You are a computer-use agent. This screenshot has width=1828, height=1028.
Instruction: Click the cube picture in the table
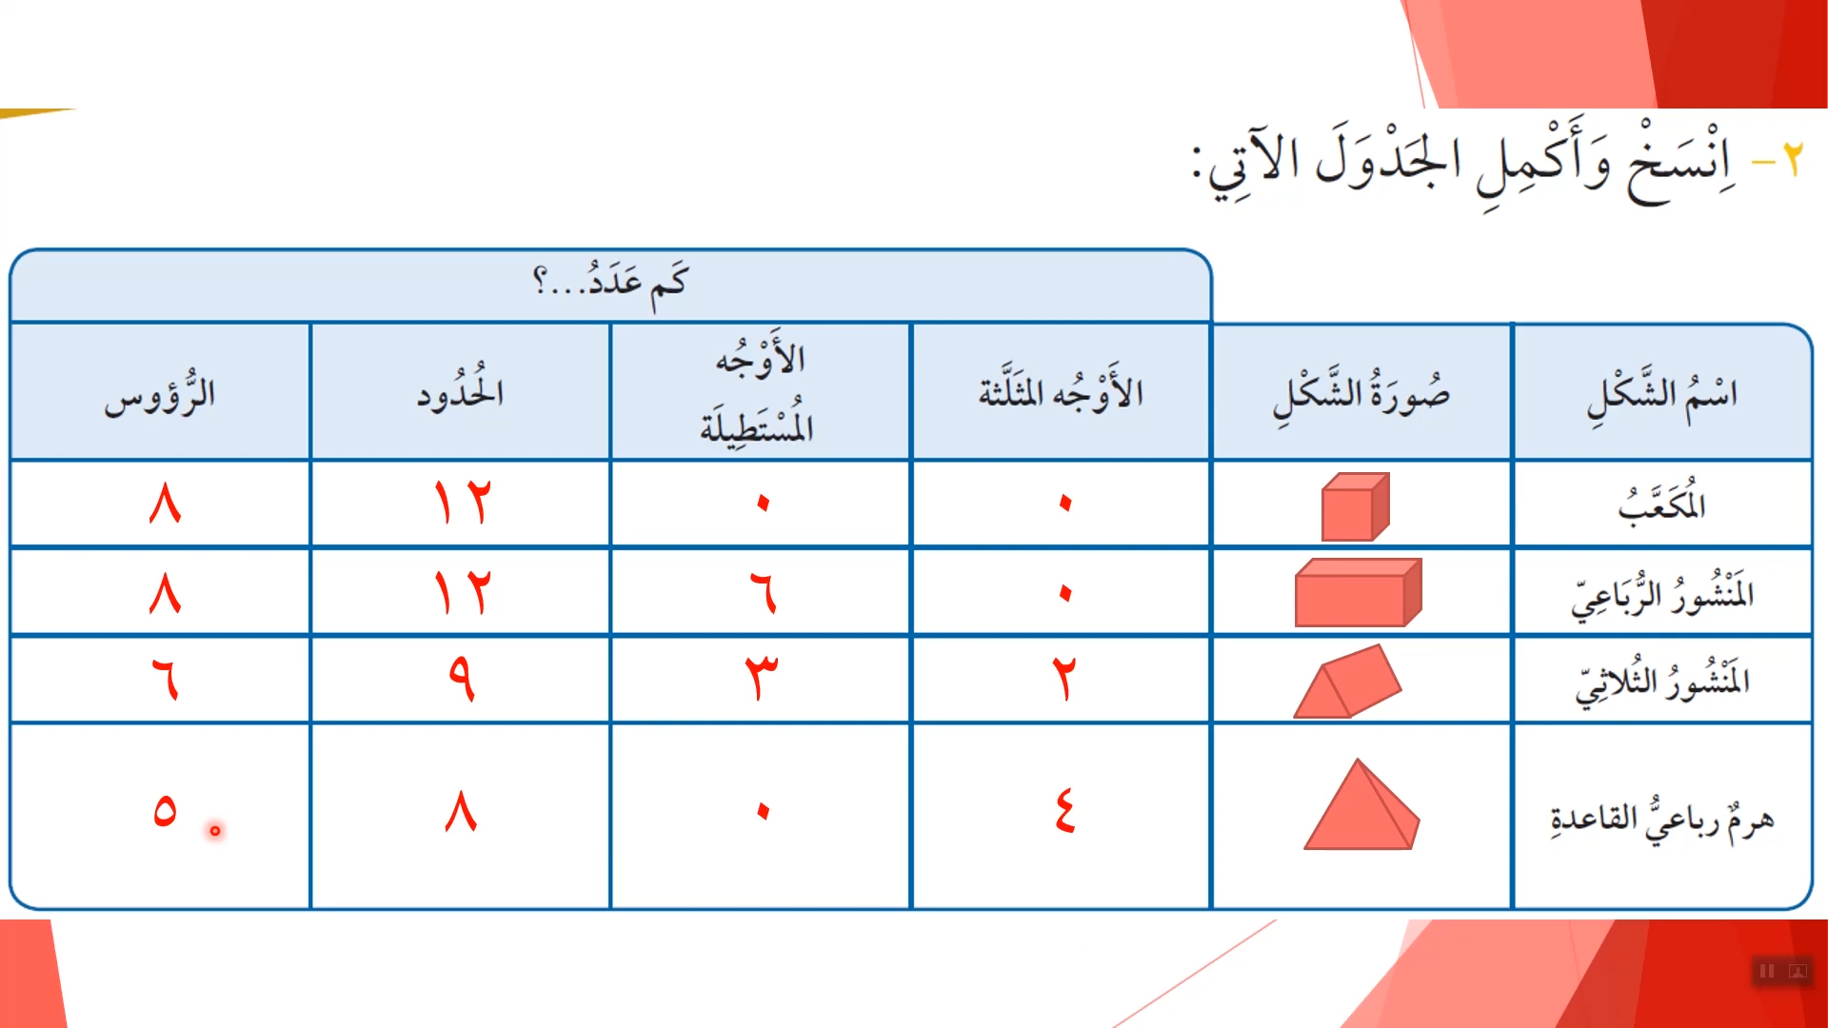click(x=1356, y=506)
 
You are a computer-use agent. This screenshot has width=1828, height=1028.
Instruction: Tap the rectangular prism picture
click(x=1359, y=592)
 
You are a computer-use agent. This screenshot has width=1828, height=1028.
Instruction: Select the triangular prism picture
click(x=1347, y=682)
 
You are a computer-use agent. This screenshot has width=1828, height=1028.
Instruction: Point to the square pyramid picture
click(x=1361, y=804)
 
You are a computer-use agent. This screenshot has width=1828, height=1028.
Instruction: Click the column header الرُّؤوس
click(x=160, y=394)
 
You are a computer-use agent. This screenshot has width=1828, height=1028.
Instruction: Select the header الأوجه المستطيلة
click(x=759, y=392)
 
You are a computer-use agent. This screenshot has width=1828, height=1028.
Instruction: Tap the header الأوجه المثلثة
click(x=1061, y=390)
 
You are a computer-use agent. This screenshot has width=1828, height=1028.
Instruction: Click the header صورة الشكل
click(x=1361, y=394)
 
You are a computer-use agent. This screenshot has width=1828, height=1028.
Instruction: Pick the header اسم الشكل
click(x=1661, y=394)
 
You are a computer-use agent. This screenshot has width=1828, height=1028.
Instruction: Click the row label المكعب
click(x=1661, y=503)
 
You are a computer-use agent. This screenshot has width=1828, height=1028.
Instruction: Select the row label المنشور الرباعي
click(x=1662, y=594)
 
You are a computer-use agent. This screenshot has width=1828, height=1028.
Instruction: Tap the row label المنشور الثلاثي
click(x=1662, y=682)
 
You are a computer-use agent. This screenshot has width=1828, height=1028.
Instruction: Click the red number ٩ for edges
click(x=462, y=678)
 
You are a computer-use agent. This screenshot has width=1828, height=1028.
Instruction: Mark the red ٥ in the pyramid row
click(x=165, y=810)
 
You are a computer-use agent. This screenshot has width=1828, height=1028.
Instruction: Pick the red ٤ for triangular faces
click(x=1064, y=811)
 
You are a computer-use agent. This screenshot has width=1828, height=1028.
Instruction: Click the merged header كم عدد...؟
click(x=609, y=282)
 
